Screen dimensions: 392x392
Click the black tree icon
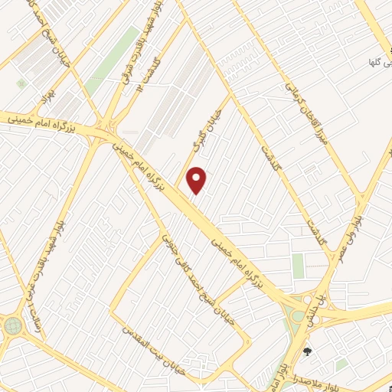click(x=309, y=351)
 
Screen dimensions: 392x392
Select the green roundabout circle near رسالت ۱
click(x=13, y=326)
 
